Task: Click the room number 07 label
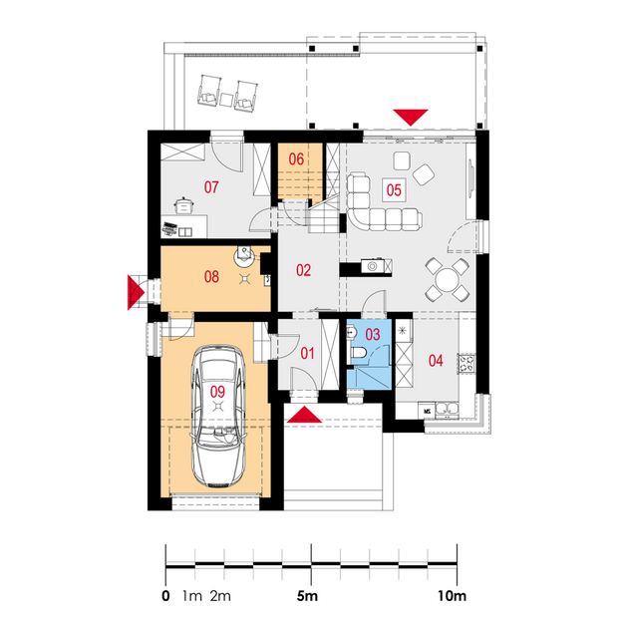coord(211,187)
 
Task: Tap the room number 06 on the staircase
coord(296,159)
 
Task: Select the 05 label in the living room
coord(394,190)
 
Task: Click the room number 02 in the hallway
coord(303,270)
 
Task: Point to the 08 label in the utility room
coord(211,277)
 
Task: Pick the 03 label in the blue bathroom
coord(373,335)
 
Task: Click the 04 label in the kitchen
coord(436,361)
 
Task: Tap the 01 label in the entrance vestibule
coord(307,354)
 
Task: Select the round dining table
coord(447,280)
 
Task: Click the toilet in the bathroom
coord(358,352)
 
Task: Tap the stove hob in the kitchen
coord(466,364)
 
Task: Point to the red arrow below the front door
coord(304,415)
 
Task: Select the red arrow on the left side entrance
coord(137,292)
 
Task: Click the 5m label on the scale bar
coord(307,595)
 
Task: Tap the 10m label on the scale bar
coord(453,595)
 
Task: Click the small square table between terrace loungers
coord(226,100)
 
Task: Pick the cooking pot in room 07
coord(183,205)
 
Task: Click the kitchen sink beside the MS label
coord(447,410)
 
